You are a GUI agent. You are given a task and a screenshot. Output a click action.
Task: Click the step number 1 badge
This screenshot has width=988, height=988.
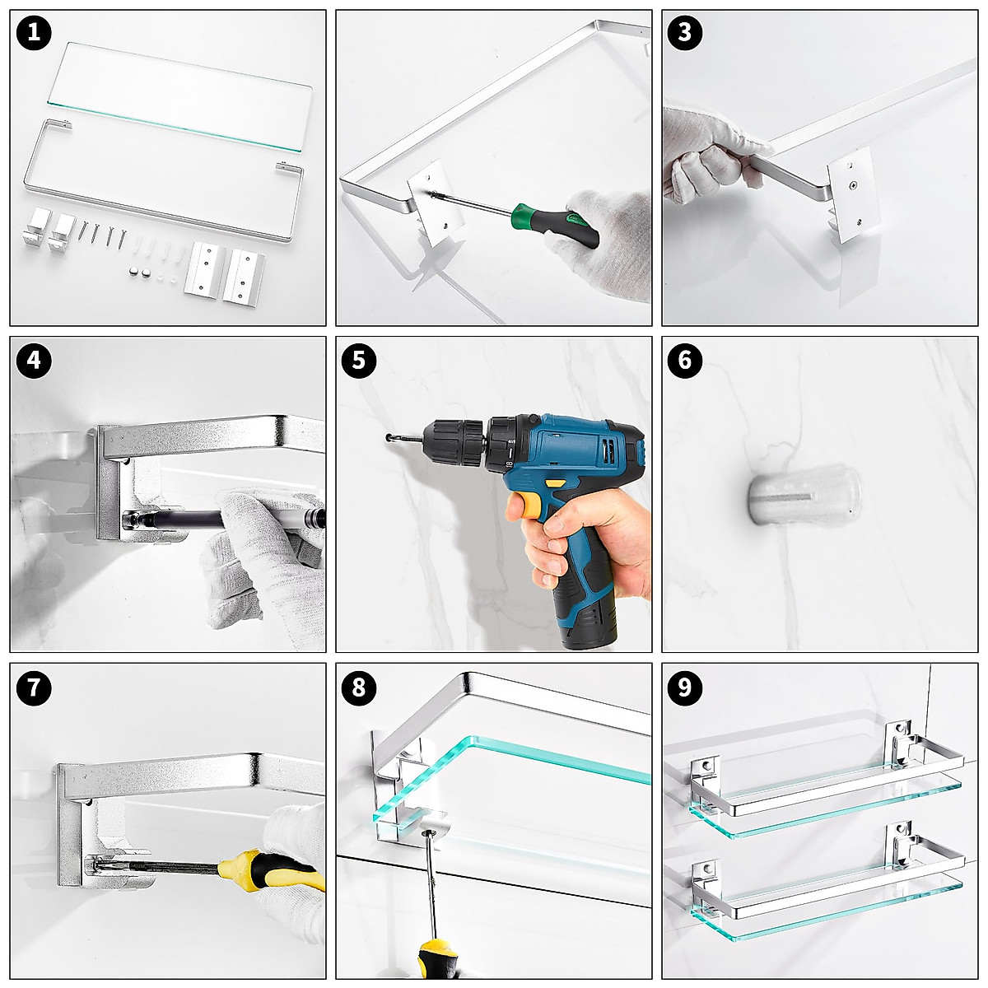click(x=34, y=33)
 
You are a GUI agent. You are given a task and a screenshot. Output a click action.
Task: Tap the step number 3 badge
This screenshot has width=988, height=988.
click(x=685, y=33)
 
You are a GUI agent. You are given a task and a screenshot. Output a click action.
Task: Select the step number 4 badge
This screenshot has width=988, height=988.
click(x=34, y=361)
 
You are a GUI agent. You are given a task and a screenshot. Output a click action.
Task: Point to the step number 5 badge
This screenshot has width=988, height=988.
click(x=359, y=361)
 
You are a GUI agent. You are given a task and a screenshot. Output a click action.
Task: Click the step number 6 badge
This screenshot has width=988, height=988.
click(x=685, y=361)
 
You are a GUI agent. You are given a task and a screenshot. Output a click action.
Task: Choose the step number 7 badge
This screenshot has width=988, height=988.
click(x=34, y=687)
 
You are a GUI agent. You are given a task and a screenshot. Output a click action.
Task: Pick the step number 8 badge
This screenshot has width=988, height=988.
click(x=359, y=687)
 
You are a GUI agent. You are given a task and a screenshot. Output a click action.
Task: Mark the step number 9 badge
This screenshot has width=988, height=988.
click(x=685, y=687)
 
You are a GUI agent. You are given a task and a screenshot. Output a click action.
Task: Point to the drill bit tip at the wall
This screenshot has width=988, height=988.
click(x=387, y=437)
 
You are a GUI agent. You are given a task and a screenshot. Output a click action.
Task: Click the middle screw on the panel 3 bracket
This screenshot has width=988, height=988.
click(x=852, y=185)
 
